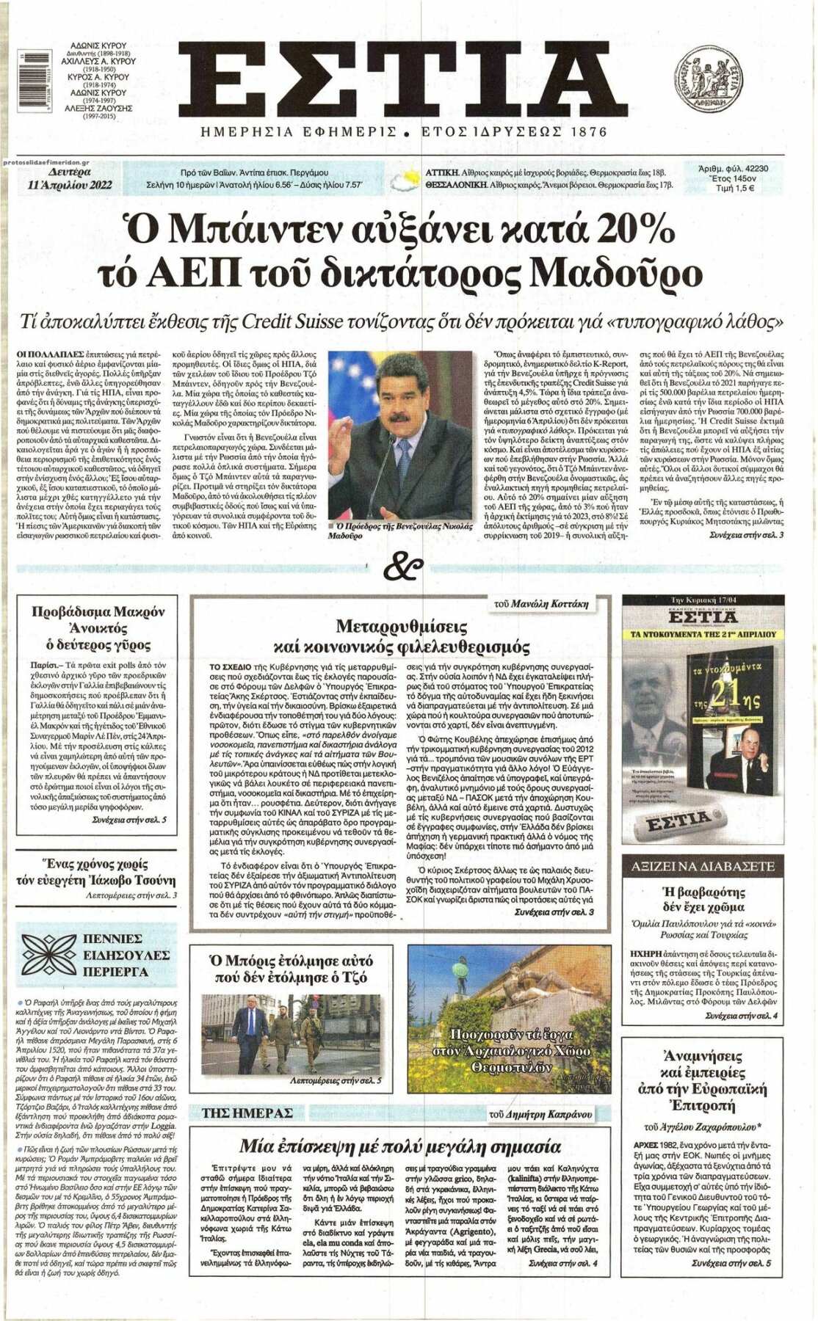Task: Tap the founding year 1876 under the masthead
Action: click(583, 132)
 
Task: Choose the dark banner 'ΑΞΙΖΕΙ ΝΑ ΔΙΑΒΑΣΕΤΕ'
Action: click(709, 866)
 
